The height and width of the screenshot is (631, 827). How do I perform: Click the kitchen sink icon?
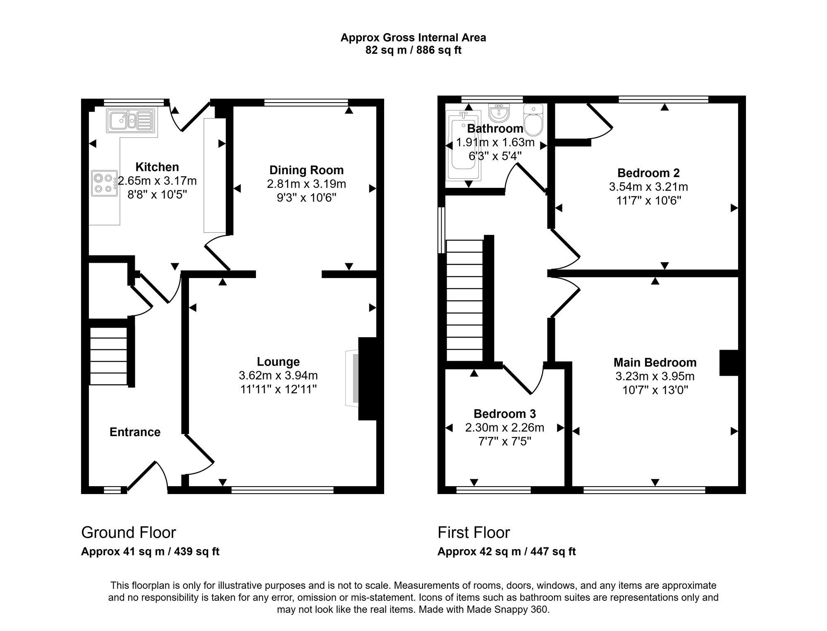pyautogui.click(x=131, y=121)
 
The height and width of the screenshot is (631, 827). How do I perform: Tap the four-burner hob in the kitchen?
pyautogui.click(x=104, y=183)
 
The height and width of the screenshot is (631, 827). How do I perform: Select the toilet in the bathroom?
pyautogui.click(x=533, y=120)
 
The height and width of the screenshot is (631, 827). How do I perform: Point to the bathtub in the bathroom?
pyautogui.click(x=464, y=146)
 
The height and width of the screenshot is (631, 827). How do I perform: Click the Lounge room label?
pyautogui.click(x=278, y=362)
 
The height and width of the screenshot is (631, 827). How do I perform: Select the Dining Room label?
pyautogui.click(x=306, y=170)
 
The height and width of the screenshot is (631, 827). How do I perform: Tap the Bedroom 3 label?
pyautogui.click(x=504, y=414)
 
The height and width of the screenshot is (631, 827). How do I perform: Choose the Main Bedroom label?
pyautogui.click(x=655, y=362)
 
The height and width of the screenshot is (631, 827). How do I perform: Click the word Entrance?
pyautogui.click(x=135, y=432)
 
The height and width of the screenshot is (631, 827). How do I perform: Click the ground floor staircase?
pyautogui.click(x=109, y=356)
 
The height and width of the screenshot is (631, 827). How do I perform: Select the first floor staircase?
pyautogui.click(x=464, y=300)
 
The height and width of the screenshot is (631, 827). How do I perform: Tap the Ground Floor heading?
pyautogui.click(x=129, y=533)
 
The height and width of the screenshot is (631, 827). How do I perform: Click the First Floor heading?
pyautogui.click(x=474, y=533)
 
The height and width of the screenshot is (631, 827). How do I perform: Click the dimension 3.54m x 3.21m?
pyautogui.click(x=648, y=187)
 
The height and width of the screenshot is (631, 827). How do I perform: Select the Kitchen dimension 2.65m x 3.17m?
pyautogui.click(x=157, y=181)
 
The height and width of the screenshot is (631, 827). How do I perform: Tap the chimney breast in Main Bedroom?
pyautogui.click(x=729, y=363)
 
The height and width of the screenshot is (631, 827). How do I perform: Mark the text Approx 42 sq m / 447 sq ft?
pyautogui.click(x=507, y=552)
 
